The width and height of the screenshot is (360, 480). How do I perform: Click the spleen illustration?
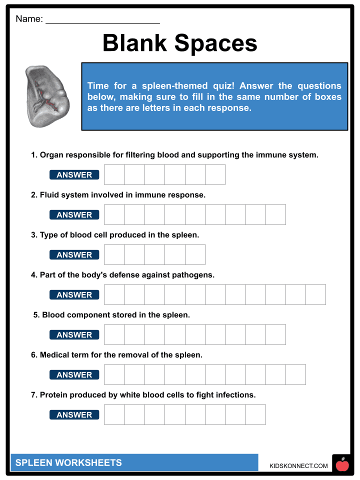pos(47,96)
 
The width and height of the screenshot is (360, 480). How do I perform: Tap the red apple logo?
pos(342,465)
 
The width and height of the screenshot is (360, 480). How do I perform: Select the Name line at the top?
pos(102,20)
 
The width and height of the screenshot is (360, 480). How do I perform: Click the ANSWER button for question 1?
pos(74,175)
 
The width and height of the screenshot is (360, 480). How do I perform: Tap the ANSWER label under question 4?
pos(74,295)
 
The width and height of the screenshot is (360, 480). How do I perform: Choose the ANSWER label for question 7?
pos(74,415)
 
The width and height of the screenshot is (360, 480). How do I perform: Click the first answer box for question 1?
pos(114,175)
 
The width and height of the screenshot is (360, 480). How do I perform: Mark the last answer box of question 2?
pos(275,215)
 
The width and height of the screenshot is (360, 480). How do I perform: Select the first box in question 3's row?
pos(114,255)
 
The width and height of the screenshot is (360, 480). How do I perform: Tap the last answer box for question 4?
pos(315,295)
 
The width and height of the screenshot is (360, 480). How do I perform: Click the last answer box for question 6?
pos(295,375)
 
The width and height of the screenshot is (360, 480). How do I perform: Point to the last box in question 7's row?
pos(255,415)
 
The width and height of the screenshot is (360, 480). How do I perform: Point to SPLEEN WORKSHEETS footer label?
pos(68,463)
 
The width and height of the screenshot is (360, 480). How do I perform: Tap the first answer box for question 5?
pos(114,335)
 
